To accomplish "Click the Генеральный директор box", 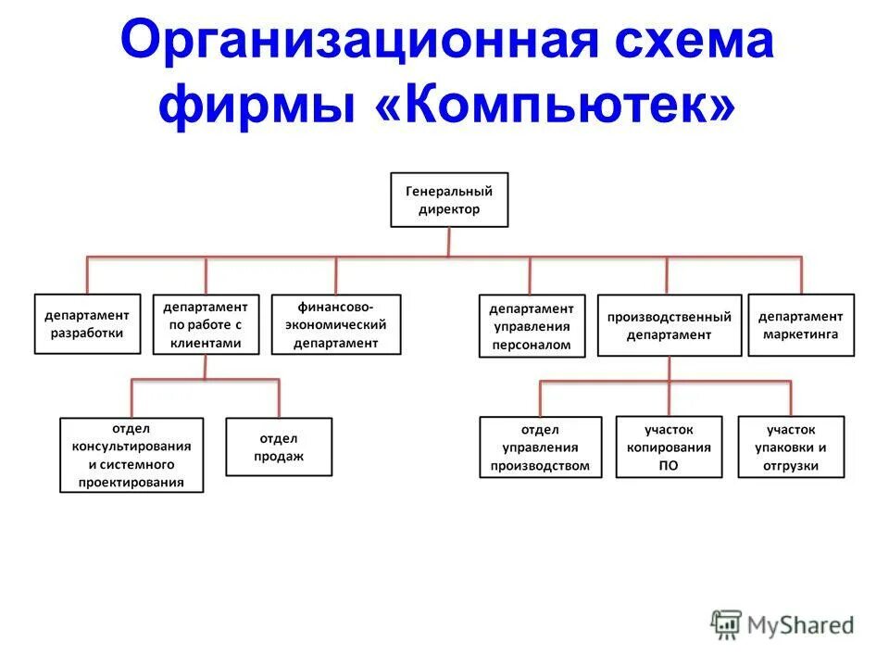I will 449,200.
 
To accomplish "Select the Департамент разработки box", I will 87,324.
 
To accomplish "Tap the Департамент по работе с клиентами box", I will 206,324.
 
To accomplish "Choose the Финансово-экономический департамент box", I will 336,324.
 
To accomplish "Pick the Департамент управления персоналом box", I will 532,326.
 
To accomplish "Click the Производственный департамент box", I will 669,325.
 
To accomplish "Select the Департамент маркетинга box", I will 801,324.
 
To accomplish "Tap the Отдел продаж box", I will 279,447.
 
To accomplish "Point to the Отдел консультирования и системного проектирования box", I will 131,455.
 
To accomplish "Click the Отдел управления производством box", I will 541,447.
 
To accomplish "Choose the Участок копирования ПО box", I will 668,447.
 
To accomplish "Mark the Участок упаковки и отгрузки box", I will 791,447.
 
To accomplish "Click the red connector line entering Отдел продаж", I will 279,398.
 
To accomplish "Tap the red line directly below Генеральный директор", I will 449,241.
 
